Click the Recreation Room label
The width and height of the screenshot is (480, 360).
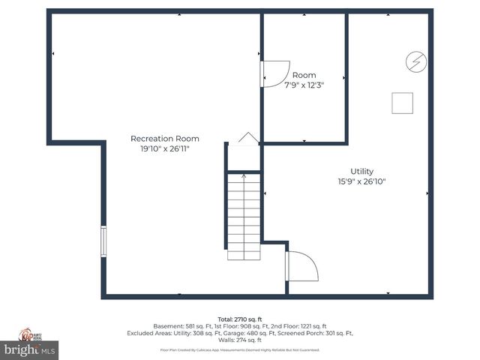(164, 139)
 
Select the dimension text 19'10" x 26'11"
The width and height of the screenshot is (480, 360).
(164, 149)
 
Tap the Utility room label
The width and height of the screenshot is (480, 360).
(361, 172)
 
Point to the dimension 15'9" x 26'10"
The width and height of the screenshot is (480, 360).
(361, 181)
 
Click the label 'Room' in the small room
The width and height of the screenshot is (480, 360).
(304, 75)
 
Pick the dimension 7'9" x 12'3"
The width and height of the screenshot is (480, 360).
(304, 85)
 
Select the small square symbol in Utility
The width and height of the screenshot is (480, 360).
(403, 103)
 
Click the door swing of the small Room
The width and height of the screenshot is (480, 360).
(274, 73)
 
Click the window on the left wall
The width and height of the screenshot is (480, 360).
(104, 241)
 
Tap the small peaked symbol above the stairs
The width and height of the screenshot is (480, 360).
(248, 138)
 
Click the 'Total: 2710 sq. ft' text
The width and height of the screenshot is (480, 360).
(239, 319)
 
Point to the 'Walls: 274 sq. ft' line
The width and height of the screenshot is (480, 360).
(239, 340)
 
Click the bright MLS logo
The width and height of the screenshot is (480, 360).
(30, 349)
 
